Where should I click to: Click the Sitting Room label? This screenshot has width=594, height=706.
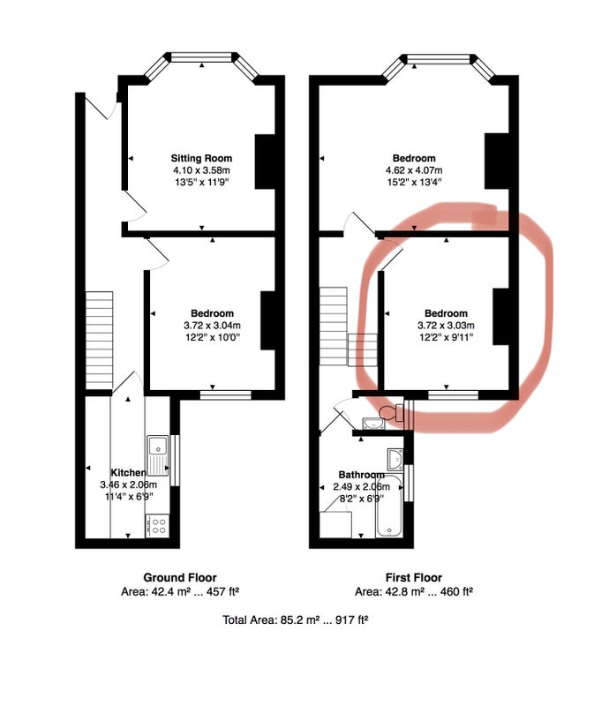tap(201, 158)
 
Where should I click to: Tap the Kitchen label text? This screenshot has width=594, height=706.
tap(128, 472)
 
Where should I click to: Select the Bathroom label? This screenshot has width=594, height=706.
tap(361, 475)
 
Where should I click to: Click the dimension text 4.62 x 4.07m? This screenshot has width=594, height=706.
tap(414, 170)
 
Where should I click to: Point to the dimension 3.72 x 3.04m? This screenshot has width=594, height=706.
tap(212, 325)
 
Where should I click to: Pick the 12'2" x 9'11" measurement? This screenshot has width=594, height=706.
tap(446, 337)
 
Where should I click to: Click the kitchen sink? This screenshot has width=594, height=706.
tap(158, 455)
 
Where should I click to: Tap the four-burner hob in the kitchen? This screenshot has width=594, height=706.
tap(158, 526)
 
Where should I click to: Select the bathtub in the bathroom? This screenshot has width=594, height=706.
tap(389, 505)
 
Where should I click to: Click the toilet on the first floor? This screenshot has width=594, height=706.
tap(390, 412)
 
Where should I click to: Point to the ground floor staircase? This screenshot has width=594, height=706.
tap(99, 340)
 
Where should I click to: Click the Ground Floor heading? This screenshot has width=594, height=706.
tap(180, 577)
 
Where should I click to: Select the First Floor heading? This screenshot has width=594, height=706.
tap(413, 577)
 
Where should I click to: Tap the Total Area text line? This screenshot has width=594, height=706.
tap(296, 620)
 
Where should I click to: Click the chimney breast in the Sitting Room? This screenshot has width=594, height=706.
tap(265, 161)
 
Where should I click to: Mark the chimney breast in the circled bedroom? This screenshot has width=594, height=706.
tap(500, 317)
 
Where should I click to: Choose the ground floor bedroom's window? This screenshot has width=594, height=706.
tap(226, 394)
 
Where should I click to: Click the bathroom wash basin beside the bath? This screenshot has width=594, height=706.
tap(395, 458)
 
